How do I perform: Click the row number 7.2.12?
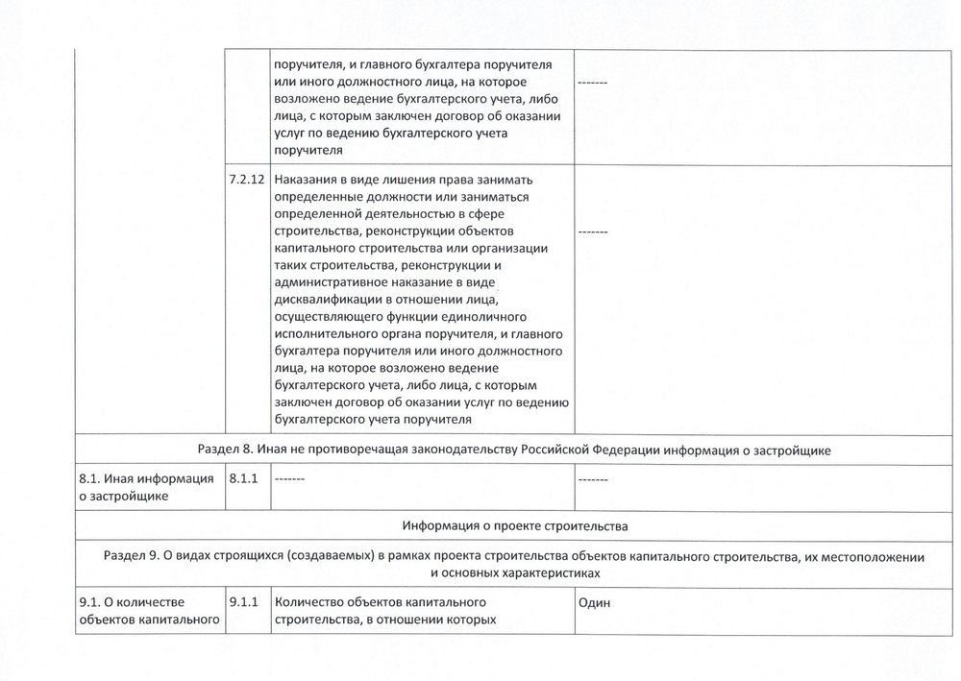pos(247,182)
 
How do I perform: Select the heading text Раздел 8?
pos(227,448)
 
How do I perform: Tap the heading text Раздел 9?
pos(132,555)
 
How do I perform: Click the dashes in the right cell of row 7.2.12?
pos(593,231)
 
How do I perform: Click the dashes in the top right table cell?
pos(593,83)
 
